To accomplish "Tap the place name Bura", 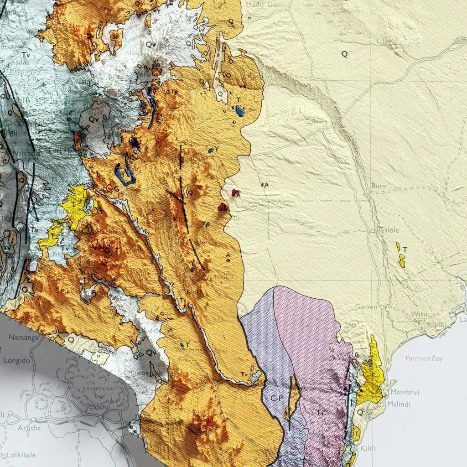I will coord(379,186).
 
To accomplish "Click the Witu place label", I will coord(419,315).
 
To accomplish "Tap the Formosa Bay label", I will coord(424,358).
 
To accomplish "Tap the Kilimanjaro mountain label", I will coord(98,389).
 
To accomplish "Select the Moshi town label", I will coord(99,408).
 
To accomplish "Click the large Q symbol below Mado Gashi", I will coord(344,54).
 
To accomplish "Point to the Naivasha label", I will coord(16,154).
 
